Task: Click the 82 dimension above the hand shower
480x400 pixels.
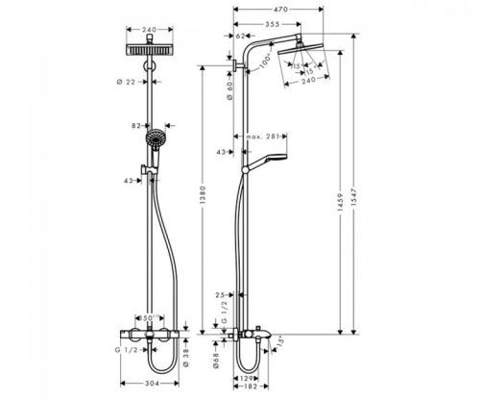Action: tap(138, 125)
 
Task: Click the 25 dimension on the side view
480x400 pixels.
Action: tap(219, 295)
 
